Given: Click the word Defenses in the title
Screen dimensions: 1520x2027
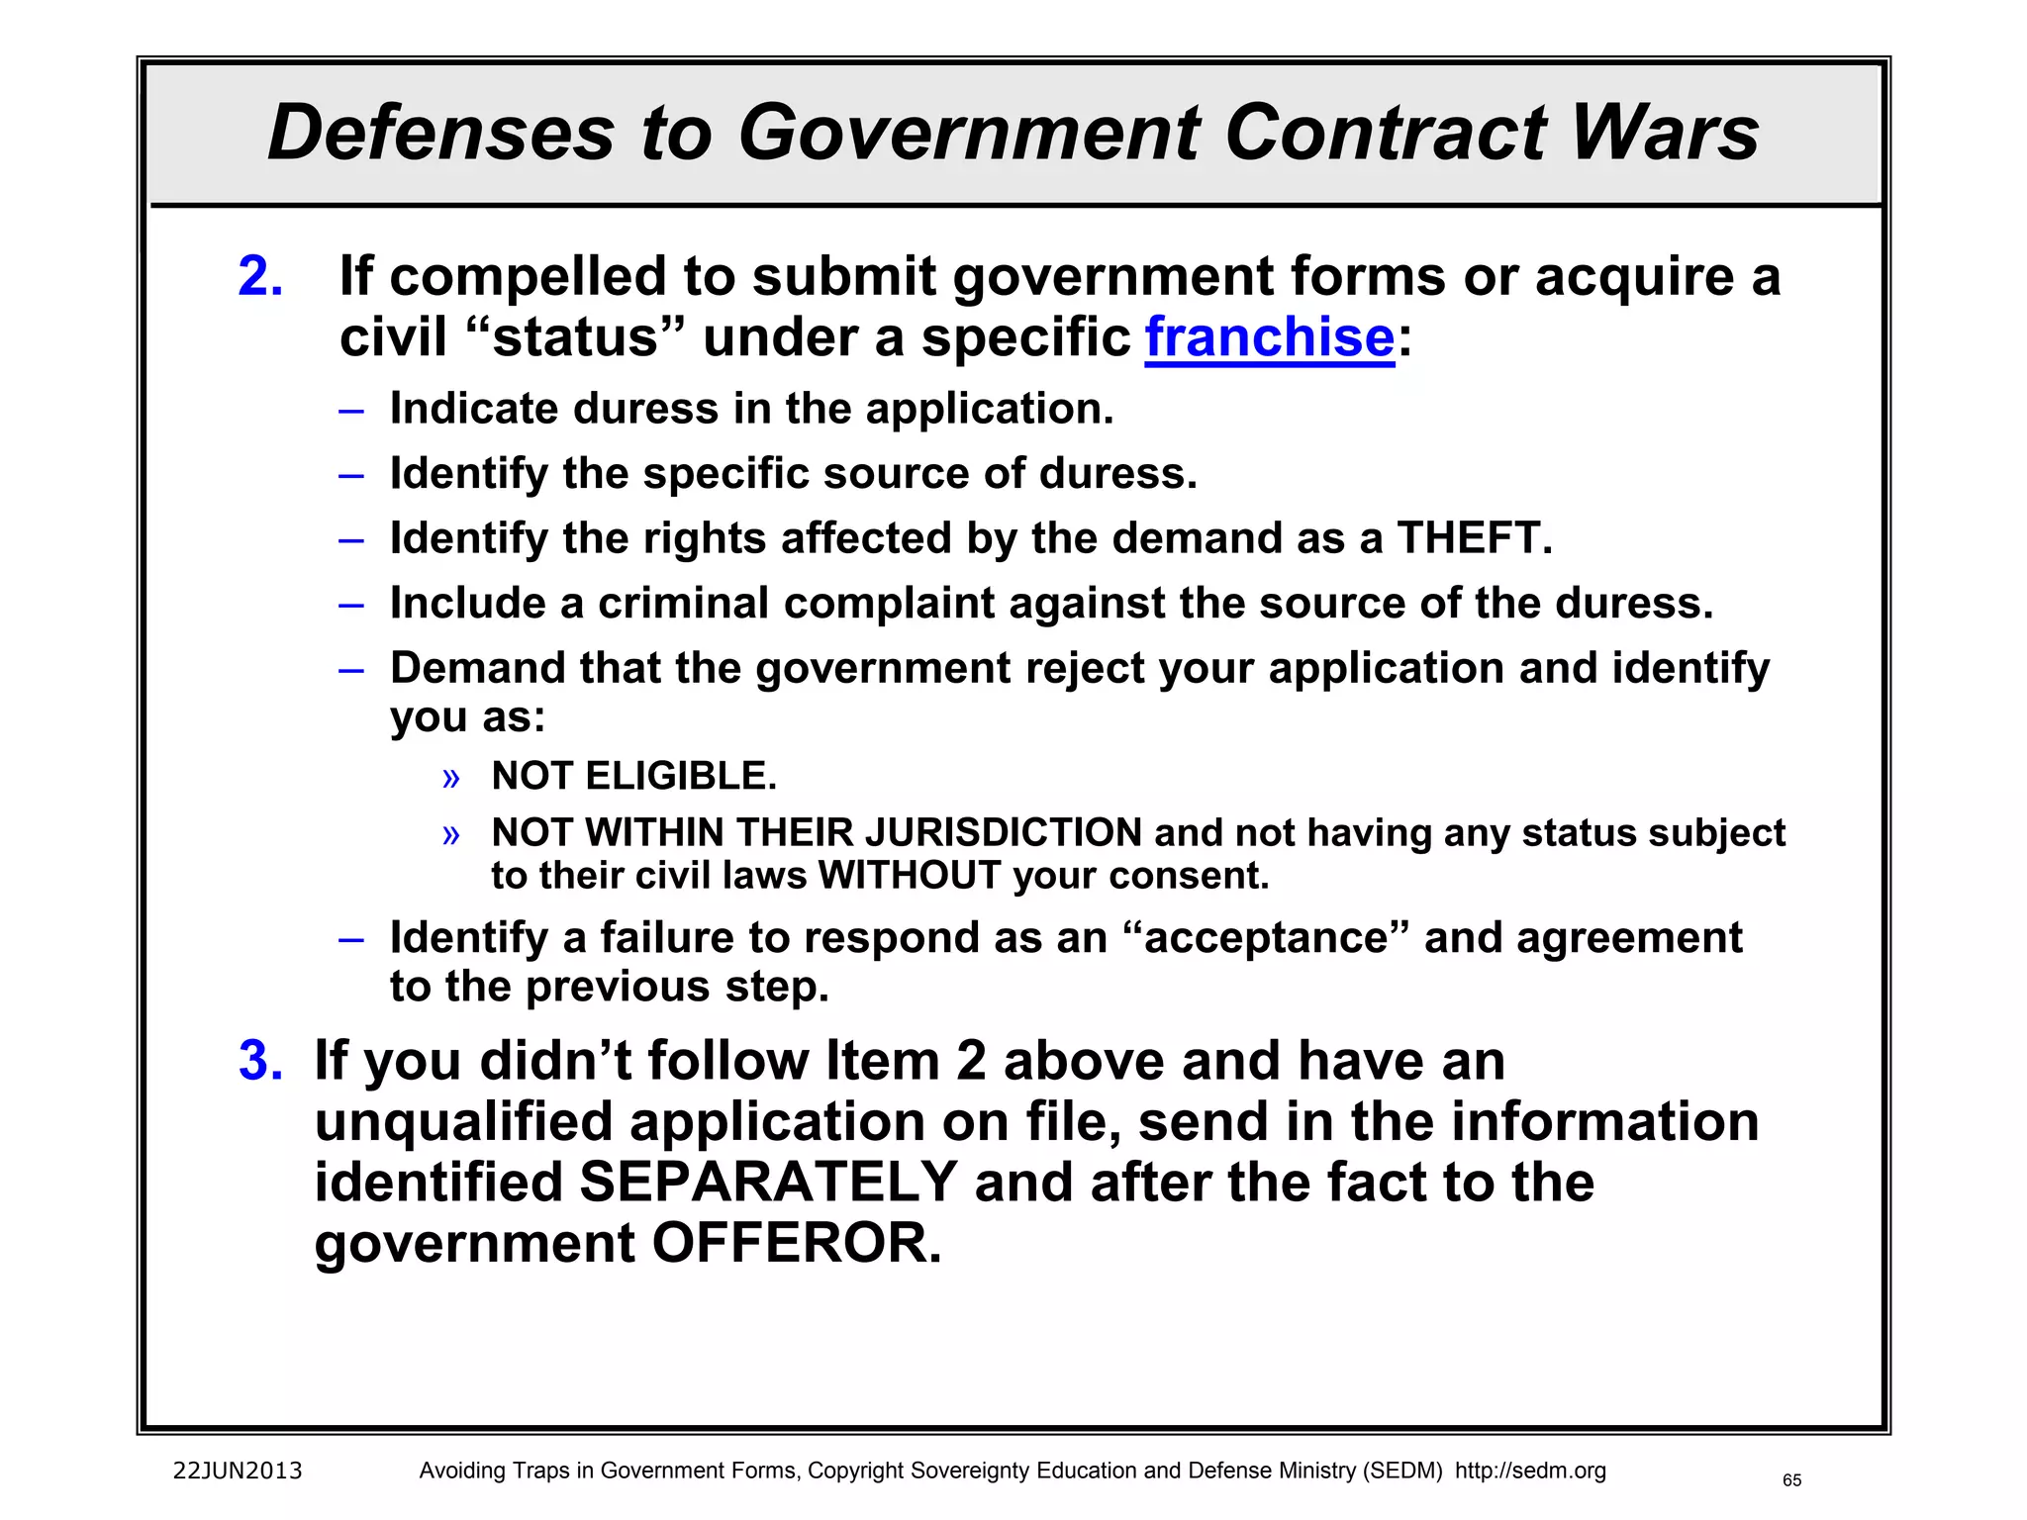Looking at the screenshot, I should click(x=441, y=133).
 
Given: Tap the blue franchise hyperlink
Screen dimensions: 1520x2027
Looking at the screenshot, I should click(x=1270, y=337).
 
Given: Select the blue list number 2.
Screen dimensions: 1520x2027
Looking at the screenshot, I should click(x=260, y=276).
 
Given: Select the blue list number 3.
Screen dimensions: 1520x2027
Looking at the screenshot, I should click(x=260, y=1061).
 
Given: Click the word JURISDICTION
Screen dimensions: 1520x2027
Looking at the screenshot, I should click(x=1004, y=832).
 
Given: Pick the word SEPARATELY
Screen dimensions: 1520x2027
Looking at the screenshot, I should click(x=768, y=1183).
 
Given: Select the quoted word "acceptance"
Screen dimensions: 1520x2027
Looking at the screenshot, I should click(x=1266, y=938).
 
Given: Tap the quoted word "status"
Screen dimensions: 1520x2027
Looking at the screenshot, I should click(x=575, y=337).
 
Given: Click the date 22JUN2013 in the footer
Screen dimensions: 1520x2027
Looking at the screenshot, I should click(x=238, y=1471).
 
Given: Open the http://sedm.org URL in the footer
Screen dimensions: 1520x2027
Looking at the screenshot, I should click(x=1530, y=1471).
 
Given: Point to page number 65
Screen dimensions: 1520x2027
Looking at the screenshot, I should click(x=1791, y=1480).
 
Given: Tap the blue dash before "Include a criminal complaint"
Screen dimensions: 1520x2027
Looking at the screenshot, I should click(x=351, y=604).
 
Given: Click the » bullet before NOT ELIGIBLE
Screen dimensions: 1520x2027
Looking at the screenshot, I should click(x=451, y=778).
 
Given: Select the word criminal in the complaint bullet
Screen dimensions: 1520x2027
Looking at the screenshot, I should click(x=683, y=604).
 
